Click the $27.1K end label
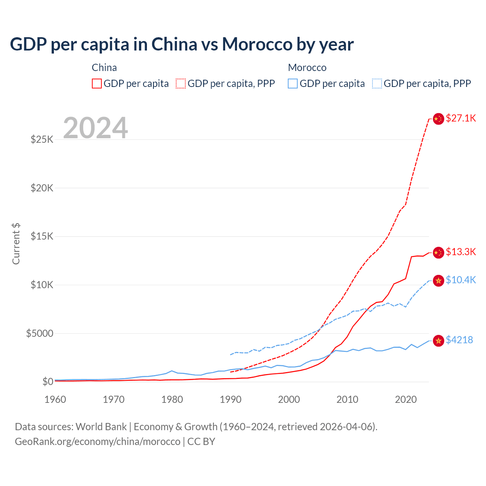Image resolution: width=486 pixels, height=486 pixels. click(461, 118)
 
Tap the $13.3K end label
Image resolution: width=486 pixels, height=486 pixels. click(461, 252)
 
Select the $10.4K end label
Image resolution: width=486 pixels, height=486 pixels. click(461, 280)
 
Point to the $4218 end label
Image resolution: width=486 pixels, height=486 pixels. click(459, 340)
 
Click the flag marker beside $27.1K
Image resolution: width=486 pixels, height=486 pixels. click(439, 119)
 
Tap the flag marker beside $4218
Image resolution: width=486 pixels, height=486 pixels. click(439, 341)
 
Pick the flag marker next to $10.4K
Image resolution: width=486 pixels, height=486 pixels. click(439, 281)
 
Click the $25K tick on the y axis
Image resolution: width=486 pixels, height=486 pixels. click(42, 139)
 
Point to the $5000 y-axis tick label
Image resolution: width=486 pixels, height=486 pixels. click(39, 333)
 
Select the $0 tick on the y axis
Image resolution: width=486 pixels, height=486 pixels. click(47, 382)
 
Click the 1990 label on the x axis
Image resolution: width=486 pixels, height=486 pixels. click(230, 399)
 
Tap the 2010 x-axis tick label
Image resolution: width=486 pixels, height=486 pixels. click(347, 399)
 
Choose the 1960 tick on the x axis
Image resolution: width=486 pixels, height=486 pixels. click(55, 399)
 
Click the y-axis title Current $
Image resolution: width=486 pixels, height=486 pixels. click(16, 243)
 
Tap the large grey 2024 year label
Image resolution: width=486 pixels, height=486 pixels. click(95, 128)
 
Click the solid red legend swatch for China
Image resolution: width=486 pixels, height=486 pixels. click(97, 84)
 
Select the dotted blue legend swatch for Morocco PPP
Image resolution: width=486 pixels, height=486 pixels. click(377, 84)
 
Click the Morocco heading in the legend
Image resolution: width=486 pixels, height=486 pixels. click(307, 68)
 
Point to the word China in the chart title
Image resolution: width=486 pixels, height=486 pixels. click(174, 44)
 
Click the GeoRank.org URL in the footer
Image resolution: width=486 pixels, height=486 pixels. click(98, 442)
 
